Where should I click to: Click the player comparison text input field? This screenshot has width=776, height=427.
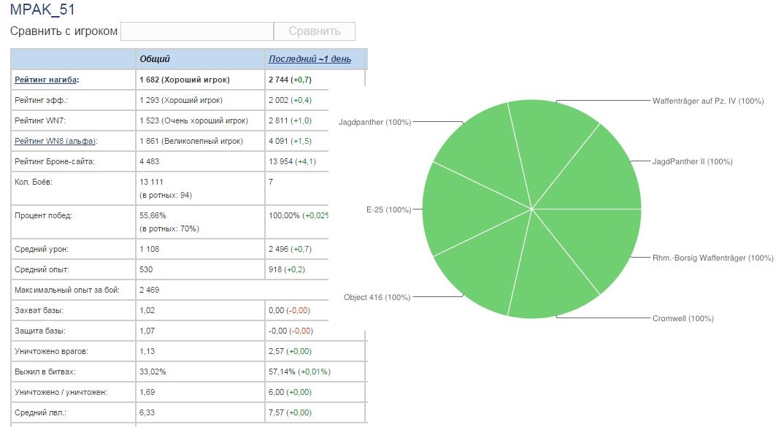click(196, 31)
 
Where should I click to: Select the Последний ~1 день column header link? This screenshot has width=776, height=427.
click(310, 59)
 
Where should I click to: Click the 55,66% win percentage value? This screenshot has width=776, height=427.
click(153, 216)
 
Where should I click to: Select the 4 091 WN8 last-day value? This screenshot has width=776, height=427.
click(281, 141)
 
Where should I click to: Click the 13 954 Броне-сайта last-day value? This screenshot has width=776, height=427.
click(283, 161)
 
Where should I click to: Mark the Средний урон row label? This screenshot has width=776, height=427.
click(42, 250)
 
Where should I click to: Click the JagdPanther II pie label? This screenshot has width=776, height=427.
click(692, 161)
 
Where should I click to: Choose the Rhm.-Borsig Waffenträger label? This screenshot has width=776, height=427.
click(712, 258)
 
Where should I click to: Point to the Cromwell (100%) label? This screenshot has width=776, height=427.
click(683, 318)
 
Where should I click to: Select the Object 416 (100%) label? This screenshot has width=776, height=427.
click(377, 297)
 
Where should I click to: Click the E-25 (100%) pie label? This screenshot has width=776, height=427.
click(388, 209)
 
